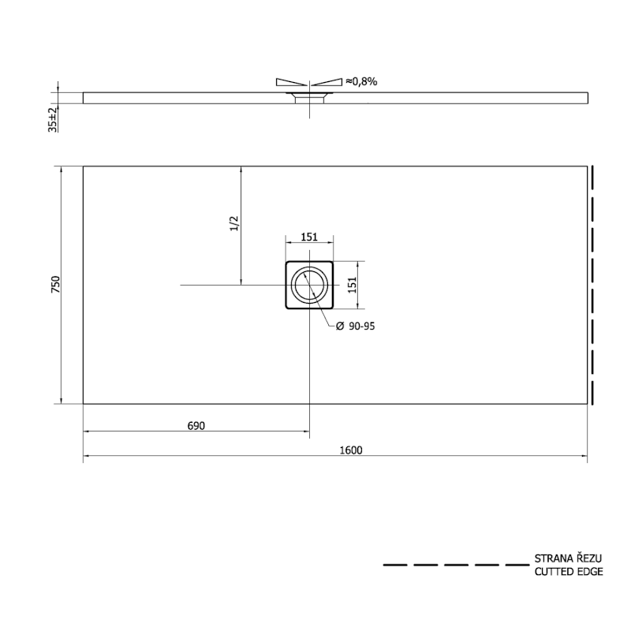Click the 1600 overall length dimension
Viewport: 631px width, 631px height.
[351, 450]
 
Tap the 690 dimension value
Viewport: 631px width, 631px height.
[196, 426]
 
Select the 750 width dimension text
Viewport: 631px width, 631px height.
[55, 285]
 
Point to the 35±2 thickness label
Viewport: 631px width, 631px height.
[53, 120]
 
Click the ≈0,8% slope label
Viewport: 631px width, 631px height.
[361, 82]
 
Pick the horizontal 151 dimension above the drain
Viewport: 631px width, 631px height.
[309, 237]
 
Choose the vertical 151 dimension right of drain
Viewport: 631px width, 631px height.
[352, 285]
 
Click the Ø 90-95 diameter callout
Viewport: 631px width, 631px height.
[356, 327]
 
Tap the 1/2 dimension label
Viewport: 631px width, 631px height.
[234, 224]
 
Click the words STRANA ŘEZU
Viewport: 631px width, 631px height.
[568, 558]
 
